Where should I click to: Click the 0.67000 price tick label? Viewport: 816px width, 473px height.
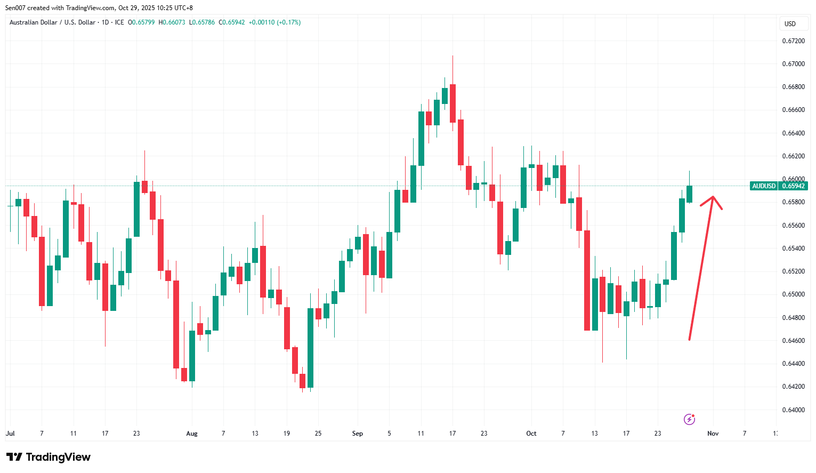coord(793,64)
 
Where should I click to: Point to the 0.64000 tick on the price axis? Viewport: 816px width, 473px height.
coord(793,410)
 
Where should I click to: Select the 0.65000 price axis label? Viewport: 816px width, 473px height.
coord(793,294)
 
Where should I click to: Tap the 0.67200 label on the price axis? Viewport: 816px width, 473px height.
coord(793,41)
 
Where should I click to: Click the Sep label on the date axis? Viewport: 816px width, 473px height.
coord(358,434)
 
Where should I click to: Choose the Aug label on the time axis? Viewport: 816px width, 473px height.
coord(192,434)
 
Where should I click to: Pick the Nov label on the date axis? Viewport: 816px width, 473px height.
coord(713,434)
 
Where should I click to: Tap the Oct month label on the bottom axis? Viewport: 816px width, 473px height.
coord(531,434)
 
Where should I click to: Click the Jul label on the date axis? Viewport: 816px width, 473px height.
coord(10,434)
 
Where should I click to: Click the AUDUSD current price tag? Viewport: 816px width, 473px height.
coord(779,186)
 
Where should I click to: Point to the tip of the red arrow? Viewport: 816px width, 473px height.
coord(713,197)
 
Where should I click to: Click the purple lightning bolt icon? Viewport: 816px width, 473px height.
coord(689,419)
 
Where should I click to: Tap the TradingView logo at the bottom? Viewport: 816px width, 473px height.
coord(49,457)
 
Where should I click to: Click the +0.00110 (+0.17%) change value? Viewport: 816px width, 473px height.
coord(274,22)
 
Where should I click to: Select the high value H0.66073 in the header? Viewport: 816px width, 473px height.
coord(172,22)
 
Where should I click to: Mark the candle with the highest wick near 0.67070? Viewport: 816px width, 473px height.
coord(453,101)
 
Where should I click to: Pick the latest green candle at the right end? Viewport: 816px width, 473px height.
coord(689,194)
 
